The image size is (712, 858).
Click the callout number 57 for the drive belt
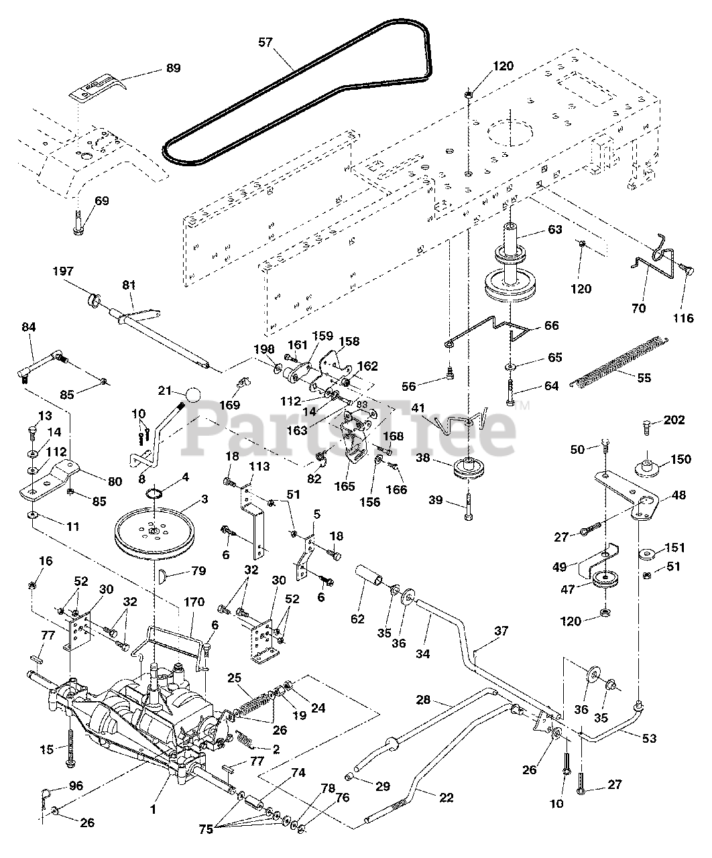coord(265,42)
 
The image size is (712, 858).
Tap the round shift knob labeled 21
coord(192,395)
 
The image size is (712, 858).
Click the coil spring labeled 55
coord(619,363)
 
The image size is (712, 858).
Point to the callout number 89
coord(174,68)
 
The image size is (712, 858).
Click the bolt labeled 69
coord(78,223)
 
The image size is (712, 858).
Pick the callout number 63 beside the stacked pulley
coord(554,230)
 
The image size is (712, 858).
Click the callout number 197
coord(63,271)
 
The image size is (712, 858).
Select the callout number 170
coord(194,602)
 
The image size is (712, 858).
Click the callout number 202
coord(674,420)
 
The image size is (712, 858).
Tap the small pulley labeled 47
coord(606,580)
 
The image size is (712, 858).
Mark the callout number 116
coord(683,318)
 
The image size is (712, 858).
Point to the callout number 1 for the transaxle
coord(153,810)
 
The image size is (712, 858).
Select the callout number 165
coord(345,486)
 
